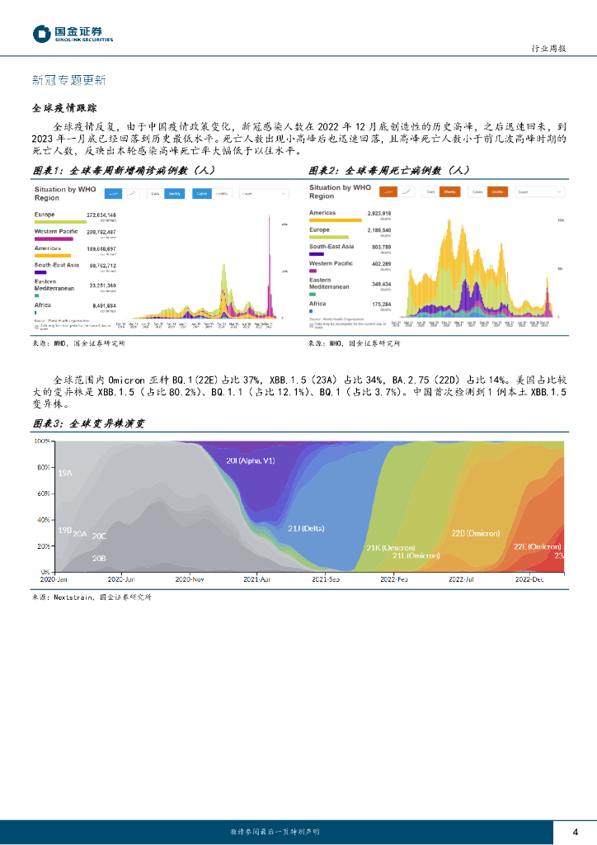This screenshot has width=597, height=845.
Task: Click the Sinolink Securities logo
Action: [x=73, y=33]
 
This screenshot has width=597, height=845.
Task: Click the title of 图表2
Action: [x=388, y=171]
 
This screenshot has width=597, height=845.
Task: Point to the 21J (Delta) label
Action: [x=305, y=528]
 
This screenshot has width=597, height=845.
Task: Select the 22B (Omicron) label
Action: [x=476, y=534]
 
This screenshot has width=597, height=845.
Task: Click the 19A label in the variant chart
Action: [x=65, y=473]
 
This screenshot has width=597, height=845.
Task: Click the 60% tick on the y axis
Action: [x=43, y=493]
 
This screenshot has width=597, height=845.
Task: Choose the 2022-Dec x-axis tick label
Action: [x=529, y=580]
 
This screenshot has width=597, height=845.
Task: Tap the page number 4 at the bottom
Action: [x=575, y=831]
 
